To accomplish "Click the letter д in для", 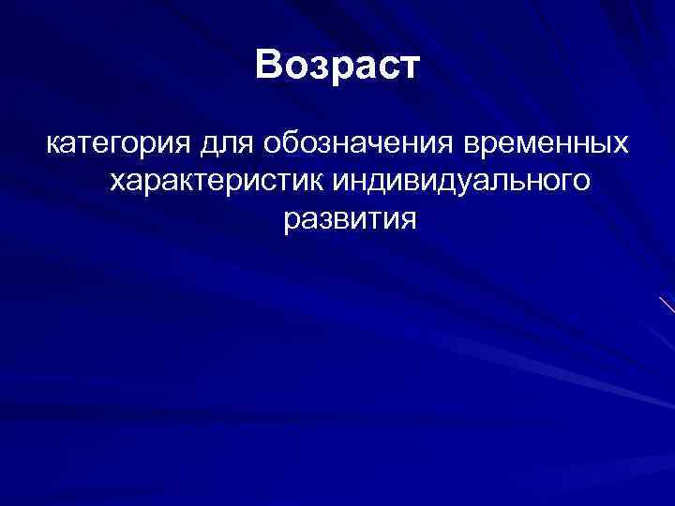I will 208,146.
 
